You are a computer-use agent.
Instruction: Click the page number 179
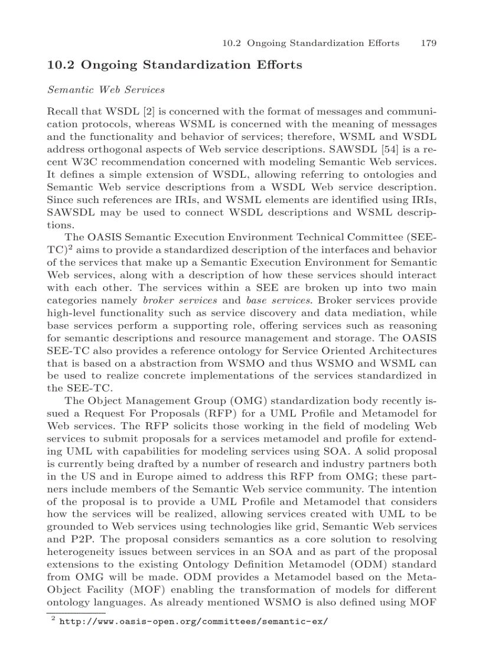[428, 43]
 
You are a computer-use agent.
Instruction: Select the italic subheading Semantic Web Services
[106, 90]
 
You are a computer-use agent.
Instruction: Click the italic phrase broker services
[172, 301]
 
